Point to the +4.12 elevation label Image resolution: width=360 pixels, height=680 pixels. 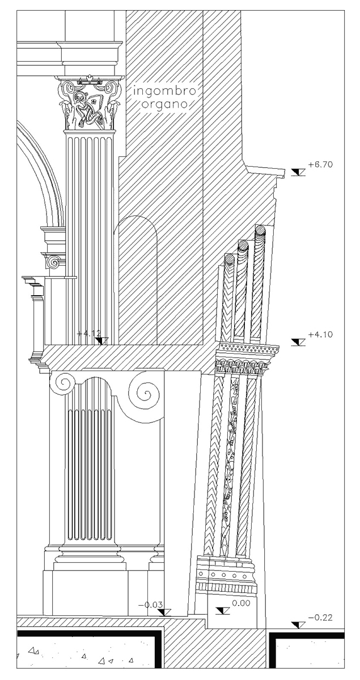[x=88, y=334]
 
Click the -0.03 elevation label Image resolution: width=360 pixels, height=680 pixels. [x=150, y=605]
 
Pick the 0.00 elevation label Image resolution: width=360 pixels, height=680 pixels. [x=241, y=603]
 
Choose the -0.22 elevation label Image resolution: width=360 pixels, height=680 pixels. [x=320, y=617]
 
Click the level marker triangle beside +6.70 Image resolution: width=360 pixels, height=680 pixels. [x=298, y=172]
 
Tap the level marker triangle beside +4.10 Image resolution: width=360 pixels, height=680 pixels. [x=298, y=342]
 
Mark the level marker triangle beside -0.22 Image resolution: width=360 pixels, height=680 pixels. [x=298, y=624]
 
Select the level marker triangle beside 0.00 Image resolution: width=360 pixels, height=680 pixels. [x=223, y=610]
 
